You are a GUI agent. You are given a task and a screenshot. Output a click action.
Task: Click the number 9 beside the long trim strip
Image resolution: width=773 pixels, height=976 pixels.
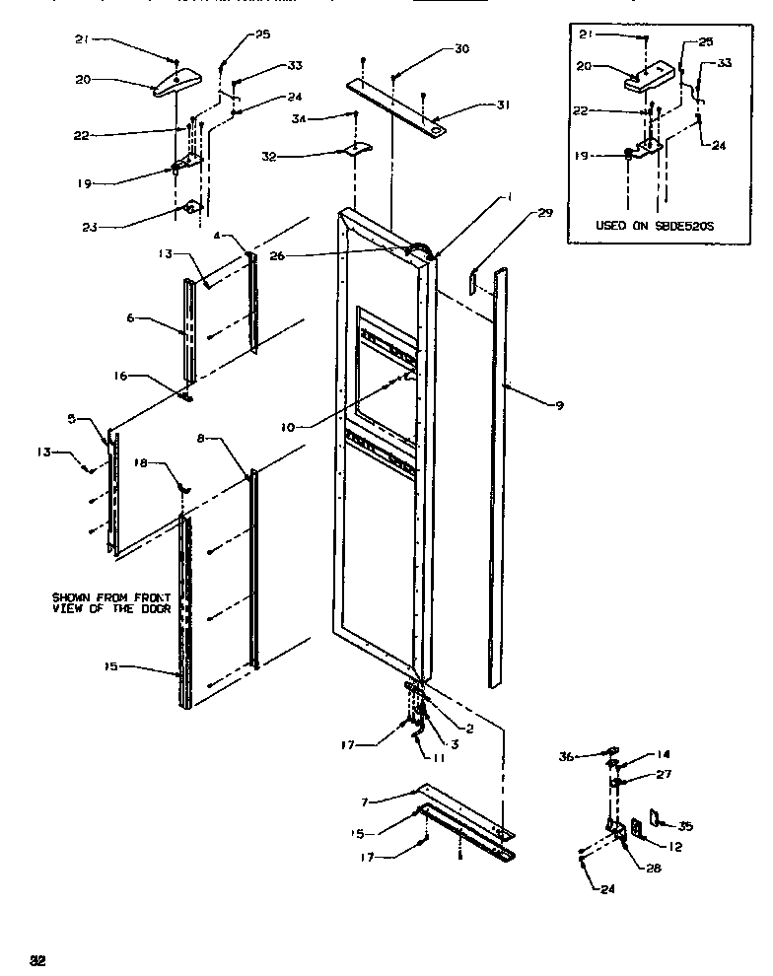[x=559, y=405]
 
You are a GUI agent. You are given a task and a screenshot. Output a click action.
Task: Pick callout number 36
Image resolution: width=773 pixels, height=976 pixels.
[x=566, y=756]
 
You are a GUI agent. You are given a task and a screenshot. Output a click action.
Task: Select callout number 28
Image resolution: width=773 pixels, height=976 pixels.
[x=654, y=869]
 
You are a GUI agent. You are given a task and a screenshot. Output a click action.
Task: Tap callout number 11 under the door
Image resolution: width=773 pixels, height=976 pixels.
[x=439, y=758]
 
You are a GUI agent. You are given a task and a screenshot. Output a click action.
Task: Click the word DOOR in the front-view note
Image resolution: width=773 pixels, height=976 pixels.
[x=159, y=609]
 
